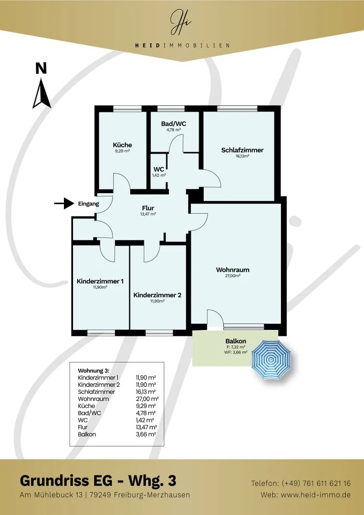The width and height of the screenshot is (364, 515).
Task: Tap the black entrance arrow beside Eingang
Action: click(64, 204)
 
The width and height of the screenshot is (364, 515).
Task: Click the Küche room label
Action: click(122, 145)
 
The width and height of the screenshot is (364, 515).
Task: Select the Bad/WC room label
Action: click(174, 124)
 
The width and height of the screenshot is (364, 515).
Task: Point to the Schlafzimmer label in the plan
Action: click(242, 150)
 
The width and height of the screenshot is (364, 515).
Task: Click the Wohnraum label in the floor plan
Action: click(233, 269)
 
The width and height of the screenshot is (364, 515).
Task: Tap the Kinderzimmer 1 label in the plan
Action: click(100, 281)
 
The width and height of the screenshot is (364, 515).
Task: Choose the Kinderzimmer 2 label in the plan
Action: click(157, 295)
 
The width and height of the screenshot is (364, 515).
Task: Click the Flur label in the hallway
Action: click(148, 208)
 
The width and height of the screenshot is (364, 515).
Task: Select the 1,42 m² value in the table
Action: click(146, 420)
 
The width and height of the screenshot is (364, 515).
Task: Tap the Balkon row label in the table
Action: click(87, 434)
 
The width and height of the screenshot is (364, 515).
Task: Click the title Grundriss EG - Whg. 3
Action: click(98, 481)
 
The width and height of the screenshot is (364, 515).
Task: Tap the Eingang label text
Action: click(88, 204)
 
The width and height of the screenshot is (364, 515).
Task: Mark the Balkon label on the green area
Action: click(236, 341)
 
